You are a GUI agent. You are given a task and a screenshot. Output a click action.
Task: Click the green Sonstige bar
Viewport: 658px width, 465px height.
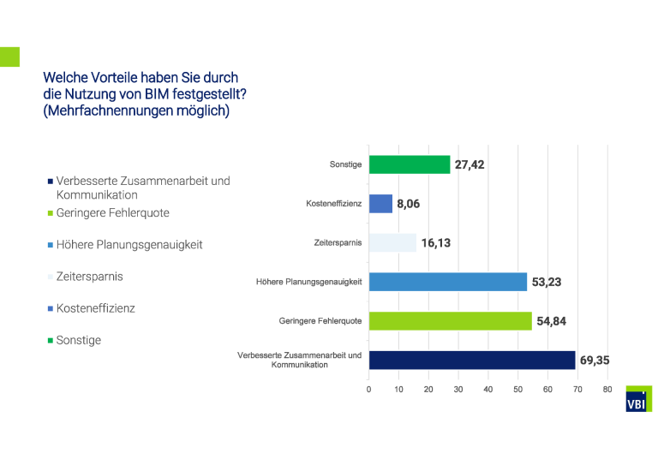coord(410,164)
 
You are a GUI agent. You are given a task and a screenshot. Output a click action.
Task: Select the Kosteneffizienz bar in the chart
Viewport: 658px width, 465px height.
coord(380,204)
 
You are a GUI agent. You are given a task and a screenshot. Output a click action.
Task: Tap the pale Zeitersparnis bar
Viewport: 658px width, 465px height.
coord(392,243)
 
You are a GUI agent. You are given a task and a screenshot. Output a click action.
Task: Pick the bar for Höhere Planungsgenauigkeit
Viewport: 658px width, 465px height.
coord(447,282)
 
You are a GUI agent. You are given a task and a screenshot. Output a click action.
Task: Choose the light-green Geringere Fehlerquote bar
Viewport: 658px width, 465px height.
coord(450,321)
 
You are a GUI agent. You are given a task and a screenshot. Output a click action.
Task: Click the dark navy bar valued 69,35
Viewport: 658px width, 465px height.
coord(471,360)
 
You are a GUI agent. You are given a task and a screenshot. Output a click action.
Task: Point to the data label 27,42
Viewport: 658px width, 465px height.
coord(470,164)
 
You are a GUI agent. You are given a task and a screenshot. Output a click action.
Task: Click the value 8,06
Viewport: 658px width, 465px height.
coord(409,204)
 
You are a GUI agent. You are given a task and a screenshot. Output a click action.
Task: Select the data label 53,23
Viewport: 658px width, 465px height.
coord(547,282)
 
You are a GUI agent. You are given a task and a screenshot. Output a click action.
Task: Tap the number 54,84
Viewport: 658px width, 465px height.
coord(550,321)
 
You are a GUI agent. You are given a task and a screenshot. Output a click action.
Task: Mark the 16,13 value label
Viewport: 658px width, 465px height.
coord(435,243)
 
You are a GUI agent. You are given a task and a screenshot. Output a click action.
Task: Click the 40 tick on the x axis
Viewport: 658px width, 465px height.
coord(488,390)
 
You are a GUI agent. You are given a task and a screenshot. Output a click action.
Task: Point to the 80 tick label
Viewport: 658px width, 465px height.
coord(607,390)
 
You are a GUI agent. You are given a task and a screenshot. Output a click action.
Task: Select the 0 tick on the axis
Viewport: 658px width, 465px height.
coord(368,390)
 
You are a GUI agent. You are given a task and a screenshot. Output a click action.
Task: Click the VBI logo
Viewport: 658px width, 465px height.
coord(638,402)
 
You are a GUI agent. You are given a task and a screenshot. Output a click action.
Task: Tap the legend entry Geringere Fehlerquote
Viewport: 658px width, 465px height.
coord(112,212)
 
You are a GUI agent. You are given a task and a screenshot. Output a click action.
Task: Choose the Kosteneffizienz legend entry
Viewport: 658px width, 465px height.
coord(95,308)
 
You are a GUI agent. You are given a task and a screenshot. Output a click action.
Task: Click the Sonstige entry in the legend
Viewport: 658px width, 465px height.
coord(78,340)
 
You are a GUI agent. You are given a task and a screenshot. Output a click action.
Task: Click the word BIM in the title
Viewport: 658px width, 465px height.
coord(158,94)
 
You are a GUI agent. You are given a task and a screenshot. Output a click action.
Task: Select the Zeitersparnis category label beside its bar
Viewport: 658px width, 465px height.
coord(338,243)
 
